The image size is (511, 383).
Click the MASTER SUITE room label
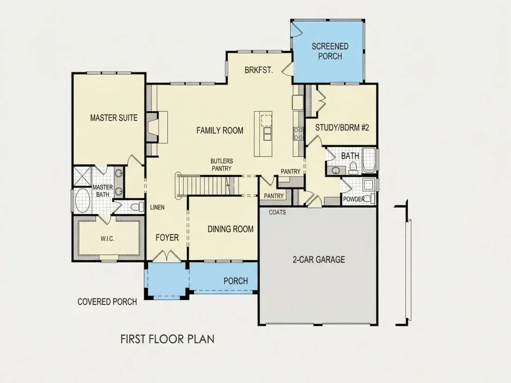point(114,117)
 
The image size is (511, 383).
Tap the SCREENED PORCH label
point(330,51)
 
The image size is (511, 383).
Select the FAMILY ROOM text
point(220,130)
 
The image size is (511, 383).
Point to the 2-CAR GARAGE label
point(319,260)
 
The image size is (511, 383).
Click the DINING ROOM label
point(230,229)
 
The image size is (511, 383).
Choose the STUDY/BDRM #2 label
point(342,127)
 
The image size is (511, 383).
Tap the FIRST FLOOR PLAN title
point(168,339)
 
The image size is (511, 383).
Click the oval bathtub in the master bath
point(82,201)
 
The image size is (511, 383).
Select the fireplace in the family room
point(152,127)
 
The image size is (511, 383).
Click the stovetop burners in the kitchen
point(298,134)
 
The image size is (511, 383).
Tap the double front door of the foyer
point(166,256)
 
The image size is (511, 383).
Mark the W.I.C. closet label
point(107,239)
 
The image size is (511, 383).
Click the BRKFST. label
point(259,70)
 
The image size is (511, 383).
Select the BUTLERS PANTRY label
point(222,165)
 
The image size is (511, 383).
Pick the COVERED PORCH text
point(107,302)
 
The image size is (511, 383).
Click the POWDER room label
point(354,199)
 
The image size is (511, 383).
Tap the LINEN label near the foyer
point(157,208)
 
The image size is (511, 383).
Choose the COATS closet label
point(277,212)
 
